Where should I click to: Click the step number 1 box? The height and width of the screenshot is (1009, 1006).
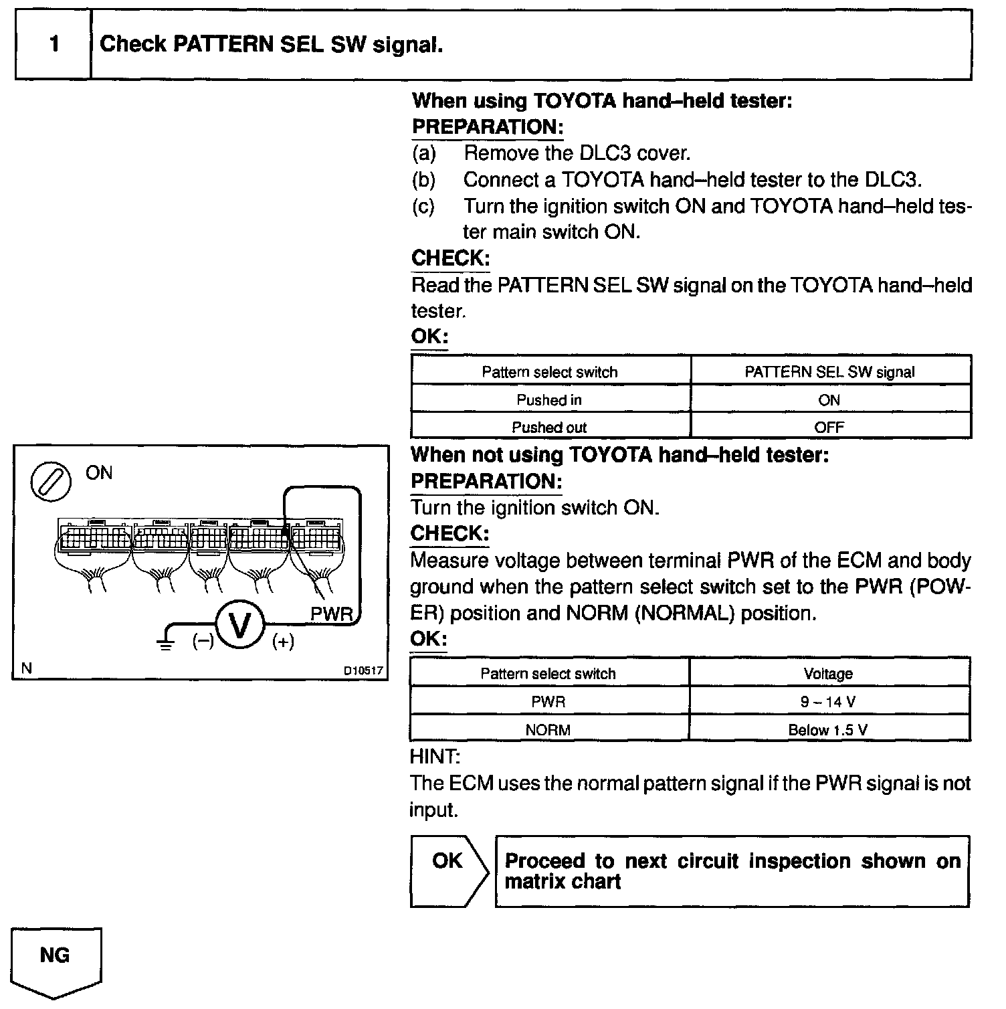click(x=54, y=45)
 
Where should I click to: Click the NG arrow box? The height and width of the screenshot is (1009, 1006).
click(x=56, y=958)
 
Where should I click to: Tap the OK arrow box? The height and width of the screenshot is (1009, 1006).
click(x=447, y=870)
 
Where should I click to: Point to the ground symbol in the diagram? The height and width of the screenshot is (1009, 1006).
click(x=165, y=640)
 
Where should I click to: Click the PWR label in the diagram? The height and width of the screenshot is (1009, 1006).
click(x=331, y=614)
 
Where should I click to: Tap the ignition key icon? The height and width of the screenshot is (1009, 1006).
click(x=51, y=481)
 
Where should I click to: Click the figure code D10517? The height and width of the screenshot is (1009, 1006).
click(x=364, y=670)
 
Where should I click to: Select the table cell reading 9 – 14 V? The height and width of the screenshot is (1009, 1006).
click(x=829, y=702)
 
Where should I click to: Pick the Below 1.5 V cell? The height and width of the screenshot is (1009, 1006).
click(x=828, y=729)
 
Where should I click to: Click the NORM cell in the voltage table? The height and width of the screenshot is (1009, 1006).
click(x=548, y=729)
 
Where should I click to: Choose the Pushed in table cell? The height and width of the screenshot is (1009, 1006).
click(x=549, y=400)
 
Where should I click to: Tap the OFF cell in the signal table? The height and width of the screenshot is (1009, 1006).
click(x=829, y=427)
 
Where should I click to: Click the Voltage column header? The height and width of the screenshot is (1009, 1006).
click(x=829, y=674)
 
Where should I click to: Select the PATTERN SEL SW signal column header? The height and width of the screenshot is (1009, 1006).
click(x=829, y=372)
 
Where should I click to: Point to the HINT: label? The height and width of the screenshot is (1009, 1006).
click(x=435, y=757)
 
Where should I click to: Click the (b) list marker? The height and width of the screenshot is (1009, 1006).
click(x=423, y=179)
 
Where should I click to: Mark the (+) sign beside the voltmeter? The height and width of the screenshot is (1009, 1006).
click(x=283, y=642)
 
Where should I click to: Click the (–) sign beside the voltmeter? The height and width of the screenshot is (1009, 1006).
click(x=203, y=641)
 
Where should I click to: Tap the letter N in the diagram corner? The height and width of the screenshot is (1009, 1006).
click(x=27, y=668)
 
